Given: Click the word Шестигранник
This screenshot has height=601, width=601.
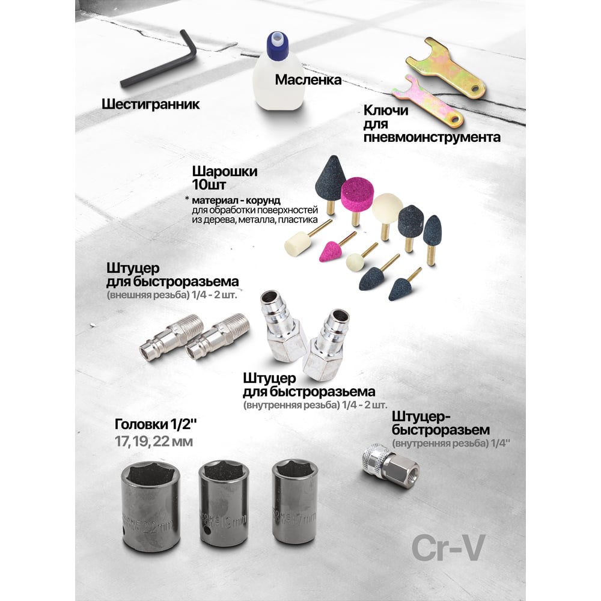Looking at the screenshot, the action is point(151,104).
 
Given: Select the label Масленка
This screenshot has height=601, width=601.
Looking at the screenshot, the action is point(308,80).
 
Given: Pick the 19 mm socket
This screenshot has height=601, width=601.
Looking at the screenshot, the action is point(224,504).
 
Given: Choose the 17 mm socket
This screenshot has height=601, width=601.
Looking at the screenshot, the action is point(294,502).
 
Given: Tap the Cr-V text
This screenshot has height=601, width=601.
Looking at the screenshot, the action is point(448,548).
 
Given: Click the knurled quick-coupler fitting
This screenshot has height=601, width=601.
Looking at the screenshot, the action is point(391,466).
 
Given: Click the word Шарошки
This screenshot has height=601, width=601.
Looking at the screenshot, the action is point(225,171).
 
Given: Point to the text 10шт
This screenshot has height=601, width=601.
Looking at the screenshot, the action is point(209,185).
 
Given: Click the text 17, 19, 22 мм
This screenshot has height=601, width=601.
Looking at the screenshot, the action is point(154,442).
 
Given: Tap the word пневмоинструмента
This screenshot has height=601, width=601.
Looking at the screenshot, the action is point(432,137).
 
